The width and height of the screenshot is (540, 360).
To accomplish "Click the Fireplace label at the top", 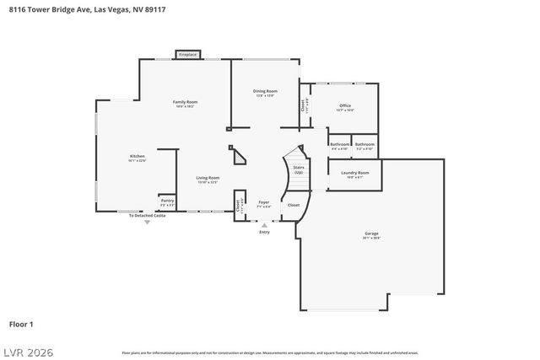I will click(x=187, y=55).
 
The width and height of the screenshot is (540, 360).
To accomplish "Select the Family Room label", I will click(x=185, y=103).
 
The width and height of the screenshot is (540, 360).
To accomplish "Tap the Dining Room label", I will click(x=266, y=92).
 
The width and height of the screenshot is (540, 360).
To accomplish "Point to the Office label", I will click(x=344, y=107).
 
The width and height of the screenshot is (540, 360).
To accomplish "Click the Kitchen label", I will click(x=137, y=158).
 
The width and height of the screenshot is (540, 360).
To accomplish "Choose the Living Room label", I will click(x=208, y=179).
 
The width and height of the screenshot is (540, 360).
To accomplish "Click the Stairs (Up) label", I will click(x=298, y=169).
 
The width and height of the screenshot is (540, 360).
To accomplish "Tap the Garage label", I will click(x=371, y=235).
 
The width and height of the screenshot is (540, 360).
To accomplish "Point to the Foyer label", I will click(x=263, y=203).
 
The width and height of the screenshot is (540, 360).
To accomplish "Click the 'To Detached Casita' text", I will click(x=146, y=216).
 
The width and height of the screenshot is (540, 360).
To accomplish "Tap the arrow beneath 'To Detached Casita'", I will click(x=146, y=222).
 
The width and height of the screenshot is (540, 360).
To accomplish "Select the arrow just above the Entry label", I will click(x=265, y=225).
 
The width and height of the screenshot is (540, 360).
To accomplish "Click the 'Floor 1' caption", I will click(x=21, y=323).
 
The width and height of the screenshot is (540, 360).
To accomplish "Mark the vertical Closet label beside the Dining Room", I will click(x=305, y=106).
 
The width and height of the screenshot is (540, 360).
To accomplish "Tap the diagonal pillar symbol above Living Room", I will click(x=239, y=157).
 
